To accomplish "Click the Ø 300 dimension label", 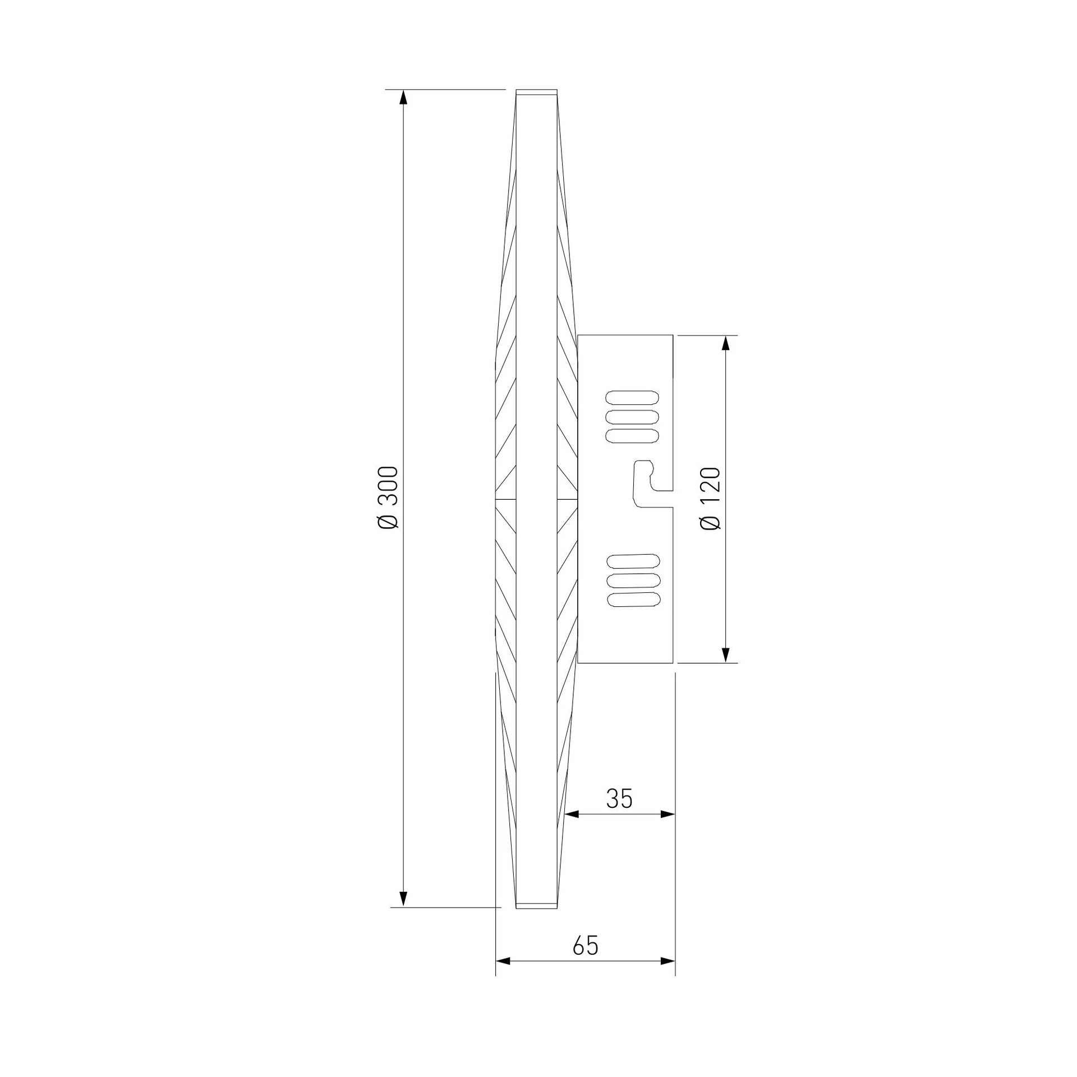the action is coord(388,497).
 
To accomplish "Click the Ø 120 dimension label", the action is coord(710,498).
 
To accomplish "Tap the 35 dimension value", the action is coord(619,798).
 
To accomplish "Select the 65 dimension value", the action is coord(586,946).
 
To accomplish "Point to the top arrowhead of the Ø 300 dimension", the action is coord(403,98).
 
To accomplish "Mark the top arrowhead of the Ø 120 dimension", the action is coord(726,343).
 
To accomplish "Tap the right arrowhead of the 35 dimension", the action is coord(667,814).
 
